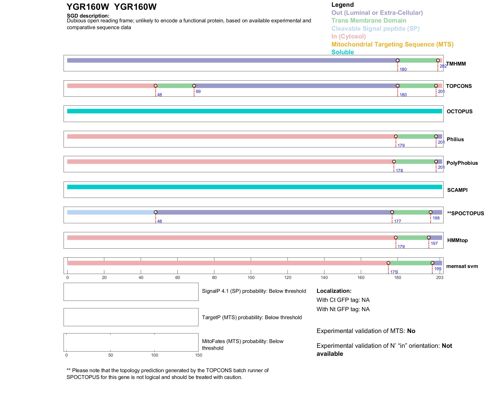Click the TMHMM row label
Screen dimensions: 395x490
[x=456, y=64]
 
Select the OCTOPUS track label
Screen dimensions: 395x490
[x=459, y=111]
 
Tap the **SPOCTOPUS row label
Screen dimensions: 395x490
[x=465, y=213]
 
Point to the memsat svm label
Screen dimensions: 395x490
[x=462, y=266]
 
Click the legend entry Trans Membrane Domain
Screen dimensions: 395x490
[x=369, y=21]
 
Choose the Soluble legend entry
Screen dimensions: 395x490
[x=342, y=52]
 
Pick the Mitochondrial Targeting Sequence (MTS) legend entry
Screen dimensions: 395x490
[x=392, y=44]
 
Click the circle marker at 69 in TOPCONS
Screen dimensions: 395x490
[x=194, y=86]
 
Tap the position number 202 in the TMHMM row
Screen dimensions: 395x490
[x=443, y=66]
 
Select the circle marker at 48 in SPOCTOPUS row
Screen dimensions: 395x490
[x=156, y=212]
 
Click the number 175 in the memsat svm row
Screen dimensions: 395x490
[x=394, y=272]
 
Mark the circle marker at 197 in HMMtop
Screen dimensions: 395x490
[x=429, y=238]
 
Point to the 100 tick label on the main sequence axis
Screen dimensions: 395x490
[x=251, y=277]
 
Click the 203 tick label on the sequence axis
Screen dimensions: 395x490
[x=440, y=277]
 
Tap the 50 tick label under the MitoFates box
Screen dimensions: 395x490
[x=111, y=355]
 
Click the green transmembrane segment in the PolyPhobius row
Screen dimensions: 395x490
[x=415, y=162]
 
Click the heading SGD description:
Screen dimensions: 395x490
[x=88, y=16]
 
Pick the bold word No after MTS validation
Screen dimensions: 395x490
[x=411, y=331]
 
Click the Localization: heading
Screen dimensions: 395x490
[x=334, y=291]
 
